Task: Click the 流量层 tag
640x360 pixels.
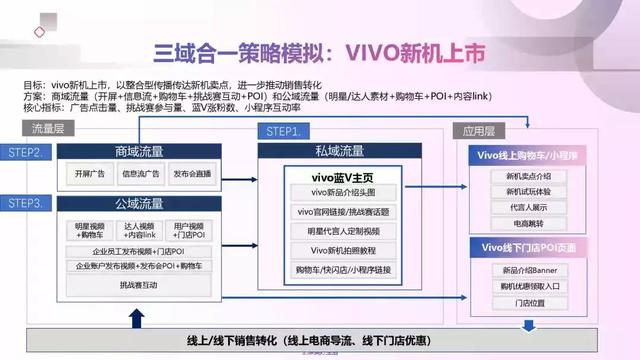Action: coord(48,130)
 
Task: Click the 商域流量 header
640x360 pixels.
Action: coord(138,152)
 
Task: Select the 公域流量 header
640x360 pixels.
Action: coord(138,204)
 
